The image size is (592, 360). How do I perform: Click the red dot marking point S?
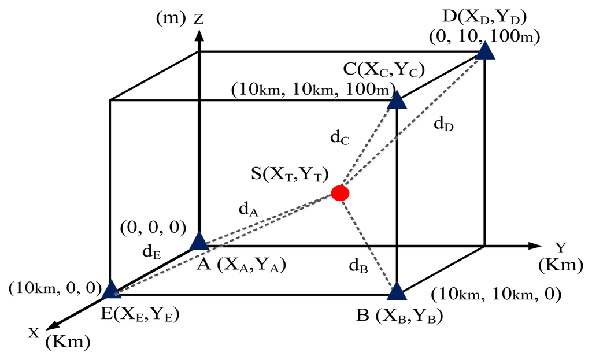(x=340, y=193)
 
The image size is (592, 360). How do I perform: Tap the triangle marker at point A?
(x=199, y=242)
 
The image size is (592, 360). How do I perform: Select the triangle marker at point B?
(x=396, y=291)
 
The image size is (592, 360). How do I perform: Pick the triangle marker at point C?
(x=397, y=101)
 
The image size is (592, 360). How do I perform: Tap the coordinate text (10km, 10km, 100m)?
(x=313, y=91)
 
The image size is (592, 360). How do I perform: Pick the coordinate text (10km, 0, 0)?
(x=53, y=287)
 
